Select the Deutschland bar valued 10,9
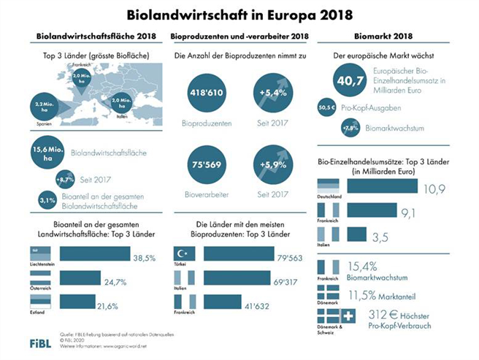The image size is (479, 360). (383, 188)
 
